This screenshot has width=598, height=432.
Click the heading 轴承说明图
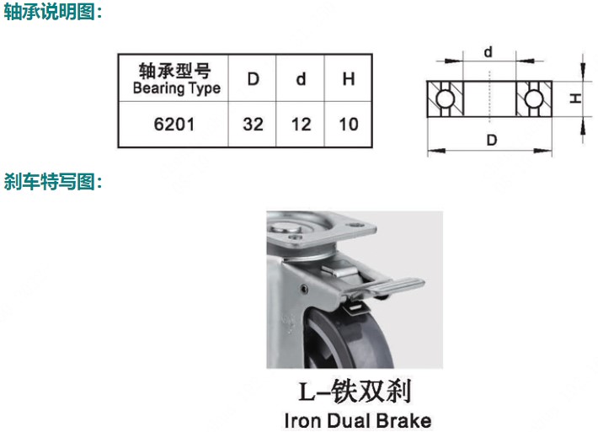click(53, 13)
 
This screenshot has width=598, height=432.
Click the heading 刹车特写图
click(53, 181)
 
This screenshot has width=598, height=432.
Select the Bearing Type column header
click(176, 78)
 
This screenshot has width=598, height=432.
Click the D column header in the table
click(253, 80)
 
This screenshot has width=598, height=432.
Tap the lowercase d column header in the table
click(301, 80)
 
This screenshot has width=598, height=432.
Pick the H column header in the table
click(348, 80)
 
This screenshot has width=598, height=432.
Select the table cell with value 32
click(253, 125)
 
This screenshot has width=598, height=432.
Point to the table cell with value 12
click(301, 125)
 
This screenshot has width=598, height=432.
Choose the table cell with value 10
click(348, 125)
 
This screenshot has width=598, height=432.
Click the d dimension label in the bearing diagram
click(489, 52)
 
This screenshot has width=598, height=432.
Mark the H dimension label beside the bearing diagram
click(576, 99)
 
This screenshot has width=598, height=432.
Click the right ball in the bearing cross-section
click(533, 99)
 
